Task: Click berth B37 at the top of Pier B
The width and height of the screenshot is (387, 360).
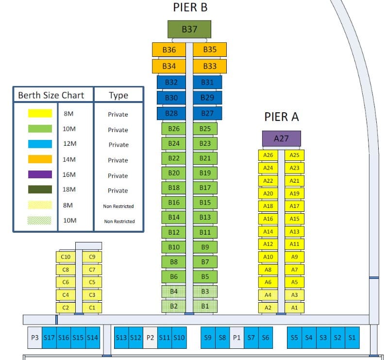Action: click(x=189, y=29)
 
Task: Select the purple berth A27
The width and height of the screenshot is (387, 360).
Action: click(x=281, y=138)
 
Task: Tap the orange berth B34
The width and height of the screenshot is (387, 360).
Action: click(x=169, y=66)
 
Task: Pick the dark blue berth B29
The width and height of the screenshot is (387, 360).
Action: click(x=207, y=98)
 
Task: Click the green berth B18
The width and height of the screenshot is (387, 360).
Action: click(x=174, y=188)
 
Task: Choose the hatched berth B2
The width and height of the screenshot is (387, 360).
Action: click(x=174, y=307)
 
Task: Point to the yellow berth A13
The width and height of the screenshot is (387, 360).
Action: click(x=294, y=232)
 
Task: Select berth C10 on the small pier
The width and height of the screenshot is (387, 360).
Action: click(x=66, y=257)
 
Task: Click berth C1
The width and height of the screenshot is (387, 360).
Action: click(x=92, y=308)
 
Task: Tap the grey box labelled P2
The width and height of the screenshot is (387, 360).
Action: click(x=150, y=338)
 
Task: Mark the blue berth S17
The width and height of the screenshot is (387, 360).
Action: click(x=49, y=338)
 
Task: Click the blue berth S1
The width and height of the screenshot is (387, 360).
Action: click(x=352, y=338)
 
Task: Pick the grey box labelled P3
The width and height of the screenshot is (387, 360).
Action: click(x=34, y=338)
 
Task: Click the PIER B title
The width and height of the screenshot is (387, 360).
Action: click(x=190, y=8)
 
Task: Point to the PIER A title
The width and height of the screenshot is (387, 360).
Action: click(x=281, y=117)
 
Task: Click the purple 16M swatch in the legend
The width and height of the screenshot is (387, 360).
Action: click(x=40, y=175)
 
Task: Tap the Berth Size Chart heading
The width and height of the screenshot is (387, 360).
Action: click(x=51, y=95)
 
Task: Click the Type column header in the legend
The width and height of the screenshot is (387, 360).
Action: click(x=118, y=95)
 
